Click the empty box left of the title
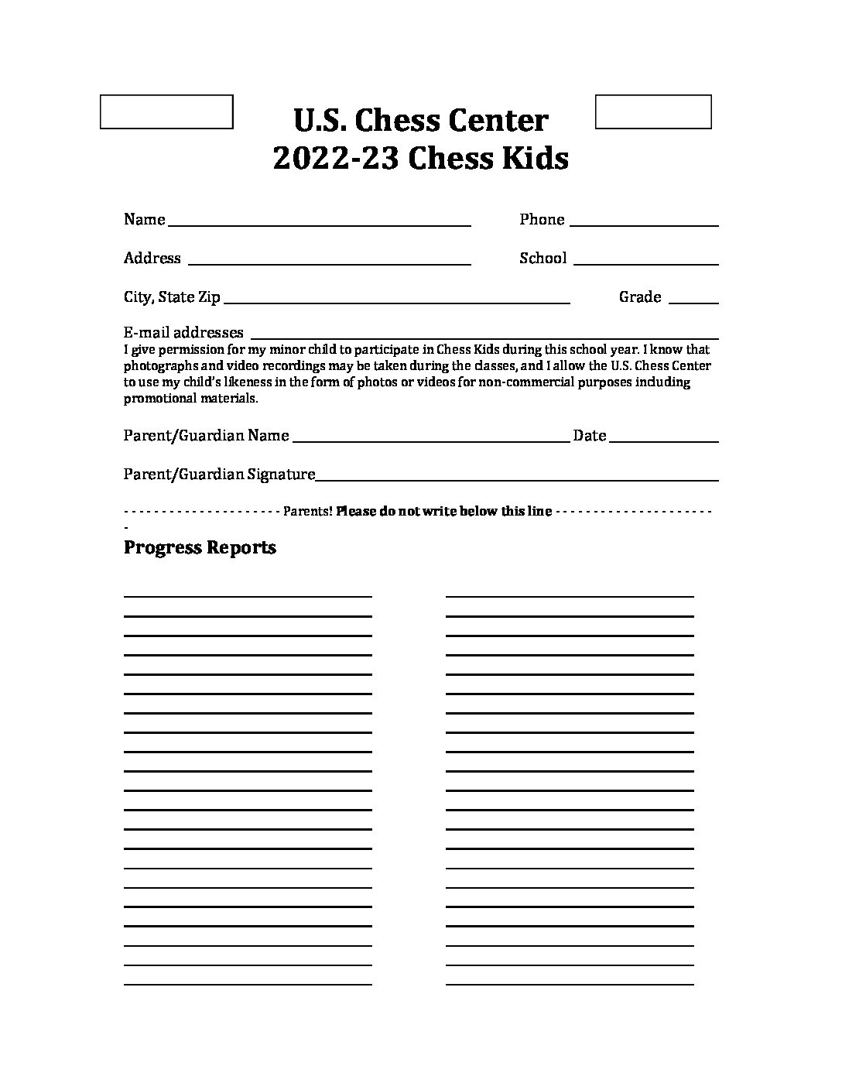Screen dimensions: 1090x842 point(166,111)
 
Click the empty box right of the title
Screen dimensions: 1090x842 point(653,111)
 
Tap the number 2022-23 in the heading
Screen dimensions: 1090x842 point(336,159)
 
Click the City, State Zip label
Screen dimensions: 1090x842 point(172,297)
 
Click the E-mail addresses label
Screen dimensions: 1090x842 point(183,332)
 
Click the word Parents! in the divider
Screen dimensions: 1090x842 point(308,511)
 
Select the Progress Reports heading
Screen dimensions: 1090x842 point(200,547)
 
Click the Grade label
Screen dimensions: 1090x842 point(640,297)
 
